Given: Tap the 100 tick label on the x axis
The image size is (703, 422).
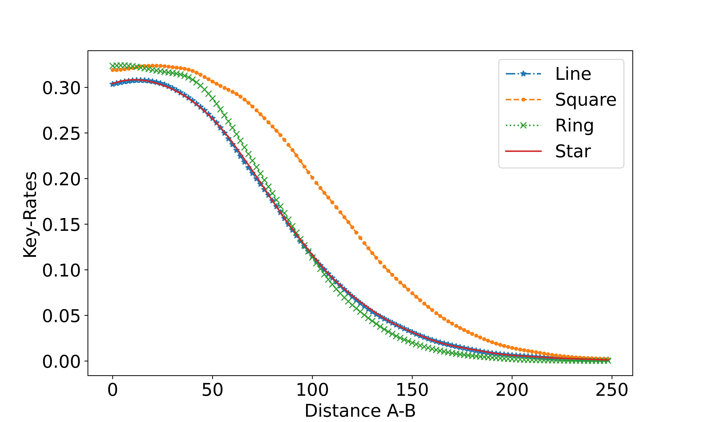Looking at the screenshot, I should [x=312, y=390].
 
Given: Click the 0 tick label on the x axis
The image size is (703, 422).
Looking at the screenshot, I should [x=113, y=390].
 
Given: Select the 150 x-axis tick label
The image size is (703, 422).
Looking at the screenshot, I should [x=412, y=390].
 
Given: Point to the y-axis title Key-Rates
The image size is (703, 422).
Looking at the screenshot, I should [x=30, y=215].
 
